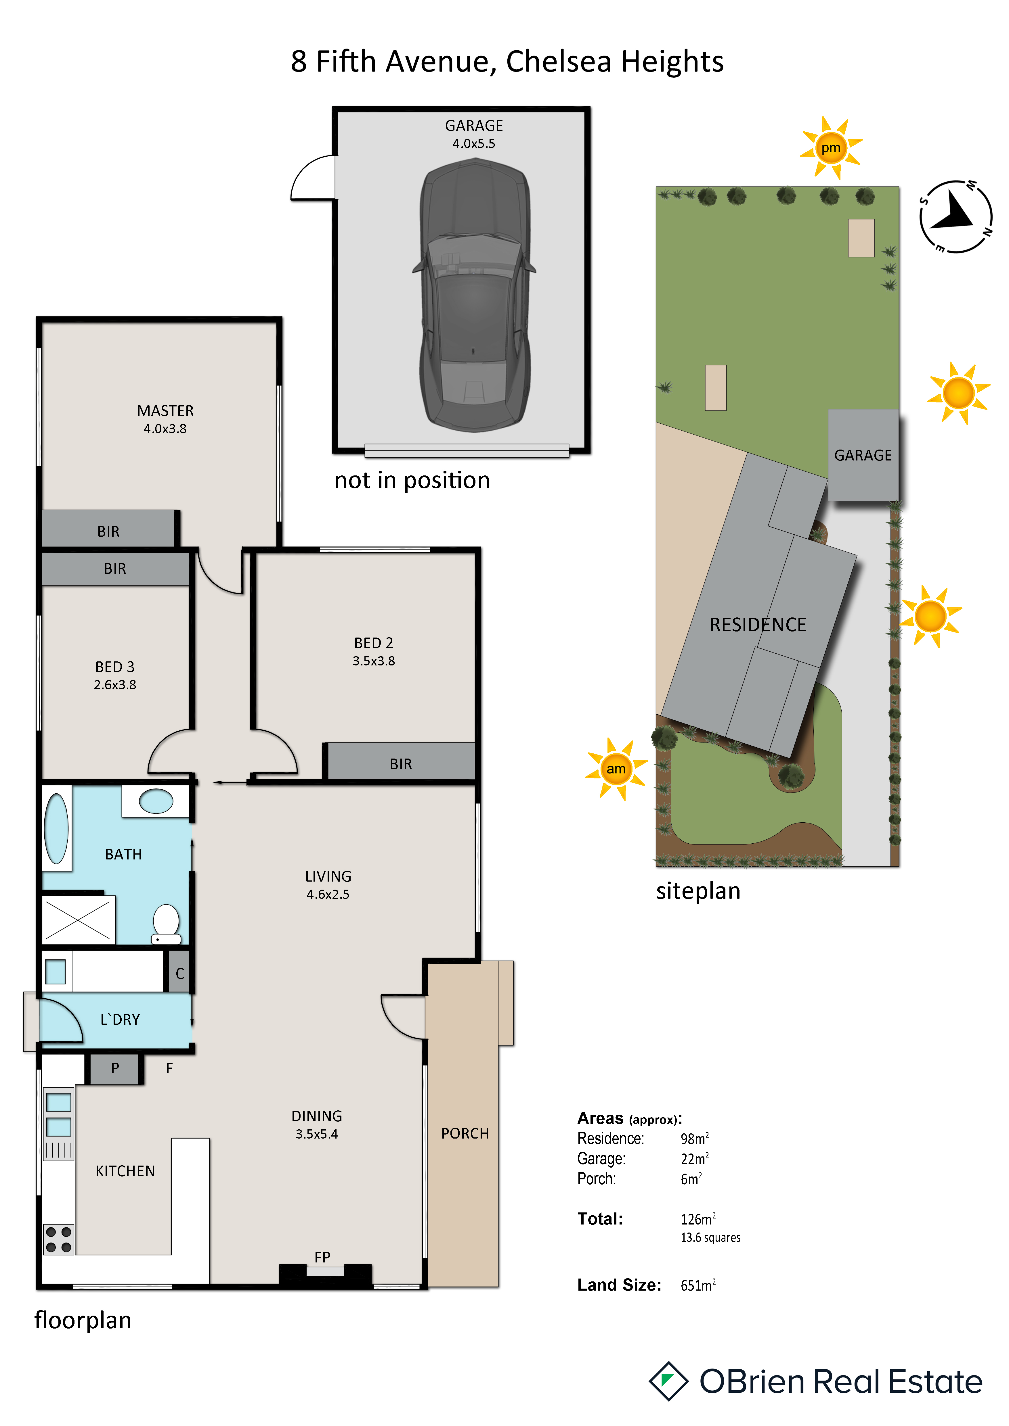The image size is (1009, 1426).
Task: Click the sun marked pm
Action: pyautogui.click(x=831, y=148)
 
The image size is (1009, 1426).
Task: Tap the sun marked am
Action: pyautogui.click(x=616, y=769)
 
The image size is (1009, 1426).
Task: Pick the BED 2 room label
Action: pyautogui.click(x=373, y=643)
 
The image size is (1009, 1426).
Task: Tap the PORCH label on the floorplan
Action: pyautogui.click(x=465, y=1133)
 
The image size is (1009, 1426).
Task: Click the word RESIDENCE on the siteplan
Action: pyautogui.click(x=758, y=625)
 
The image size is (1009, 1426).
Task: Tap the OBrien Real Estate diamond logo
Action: pyautogui.click(x=668, y=1381)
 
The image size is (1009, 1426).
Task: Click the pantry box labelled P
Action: pyautogui.click(x=115, y=1068)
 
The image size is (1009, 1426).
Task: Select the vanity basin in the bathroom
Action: pyautogui.click(x=156, y=801)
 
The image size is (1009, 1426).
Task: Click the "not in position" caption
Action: pyautogui.click(x=412, y=480)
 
